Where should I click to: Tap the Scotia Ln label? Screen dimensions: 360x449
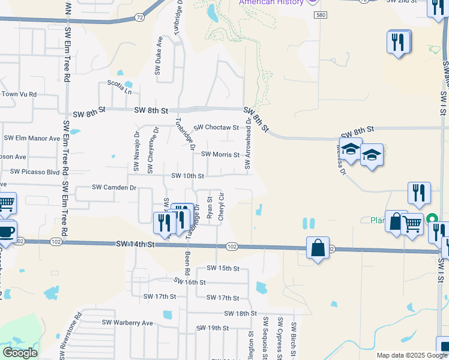[119, 87]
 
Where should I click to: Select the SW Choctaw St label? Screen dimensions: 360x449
[217, 128]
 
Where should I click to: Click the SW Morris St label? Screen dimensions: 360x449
[220, 154]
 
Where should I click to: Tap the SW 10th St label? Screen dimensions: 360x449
[188, 176]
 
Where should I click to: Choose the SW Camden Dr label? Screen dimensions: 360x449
[114, 188]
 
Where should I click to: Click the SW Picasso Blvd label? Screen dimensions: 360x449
[35, 172]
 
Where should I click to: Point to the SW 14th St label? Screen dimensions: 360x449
[135, 244]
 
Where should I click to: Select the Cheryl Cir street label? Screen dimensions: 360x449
[221, 206]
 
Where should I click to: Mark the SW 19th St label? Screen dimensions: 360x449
[213, 328]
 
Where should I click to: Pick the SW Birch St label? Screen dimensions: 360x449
[294, 338]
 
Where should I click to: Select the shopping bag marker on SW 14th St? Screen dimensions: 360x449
[317, 248]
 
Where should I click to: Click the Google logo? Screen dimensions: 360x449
[20, 353]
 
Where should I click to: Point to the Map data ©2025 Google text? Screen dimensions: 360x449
[411, 355]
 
